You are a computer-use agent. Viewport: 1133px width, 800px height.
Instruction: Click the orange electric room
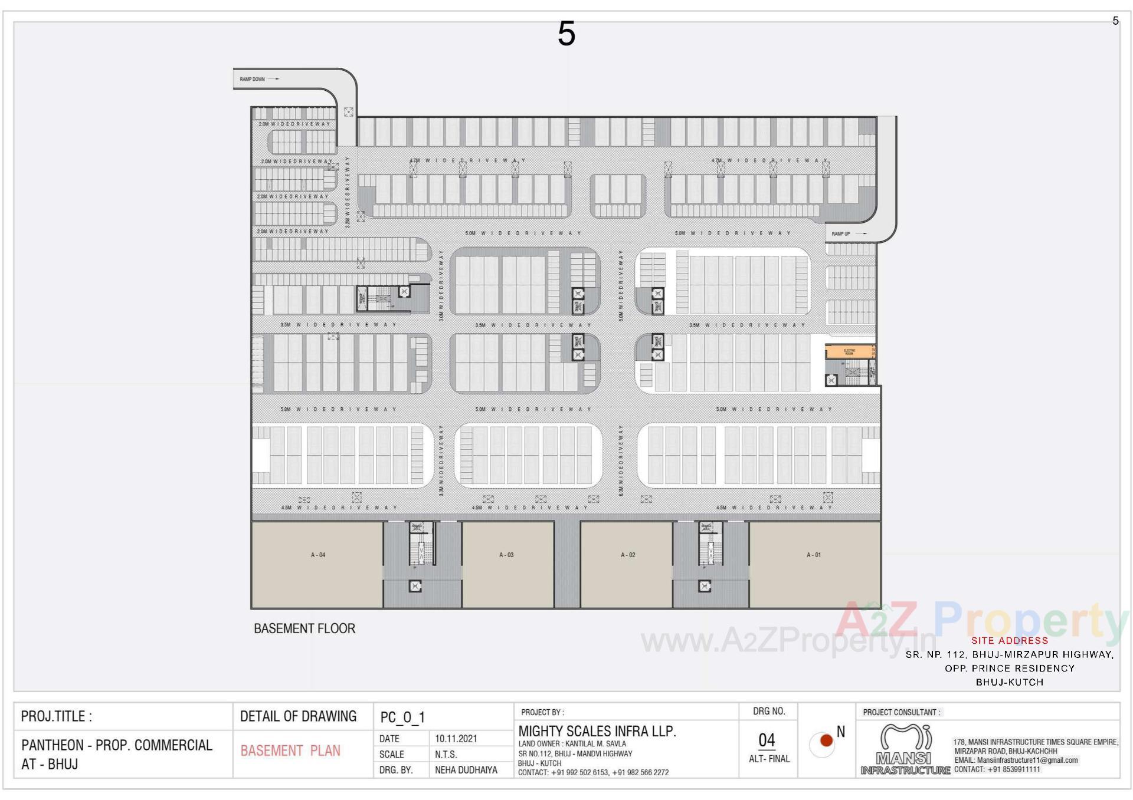(x=849, y=352)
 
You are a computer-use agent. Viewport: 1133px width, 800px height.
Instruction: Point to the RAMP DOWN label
(x=253, y=79)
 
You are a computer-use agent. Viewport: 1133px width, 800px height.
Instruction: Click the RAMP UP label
(x=841, y=234)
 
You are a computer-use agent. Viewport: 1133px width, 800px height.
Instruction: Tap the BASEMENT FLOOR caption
(x=304, y=628)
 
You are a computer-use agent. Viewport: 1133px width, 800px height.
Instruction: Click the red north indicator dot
(x=826, y=740)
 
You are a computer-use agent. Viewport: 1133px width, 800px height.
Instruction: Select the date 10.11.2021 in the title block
(x=456, y=739)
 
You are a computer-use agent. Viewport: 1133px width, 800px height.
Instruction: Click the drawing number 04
(x=767, y=740)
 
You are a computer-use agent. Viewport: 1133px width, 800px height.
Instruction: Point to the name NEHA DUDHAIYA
(x=466, y=770)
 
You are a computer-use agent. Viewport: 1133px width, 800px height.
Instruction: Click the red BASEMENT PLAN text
(x=290, y=751)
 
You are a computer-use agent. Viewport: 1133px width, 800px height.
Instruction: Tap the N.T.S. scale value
(x=446, y=755)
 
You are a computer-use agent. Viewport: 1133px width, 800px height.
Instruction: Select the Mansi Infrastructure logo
(x=905, y=749)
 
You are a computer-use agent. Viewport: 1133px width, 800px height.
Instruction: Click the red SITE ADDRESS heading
(x=1010, y=640)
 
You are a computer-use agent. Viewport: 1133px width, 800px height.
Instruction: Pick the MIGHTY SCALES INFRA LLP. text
(x=597, y=732)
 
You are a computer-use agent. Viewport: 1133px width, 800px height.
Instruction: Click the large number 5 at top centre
(x=566, y=34)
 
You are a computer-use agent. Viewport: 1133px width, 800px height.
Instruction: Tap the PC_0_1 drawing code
(x=402, y=717)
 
